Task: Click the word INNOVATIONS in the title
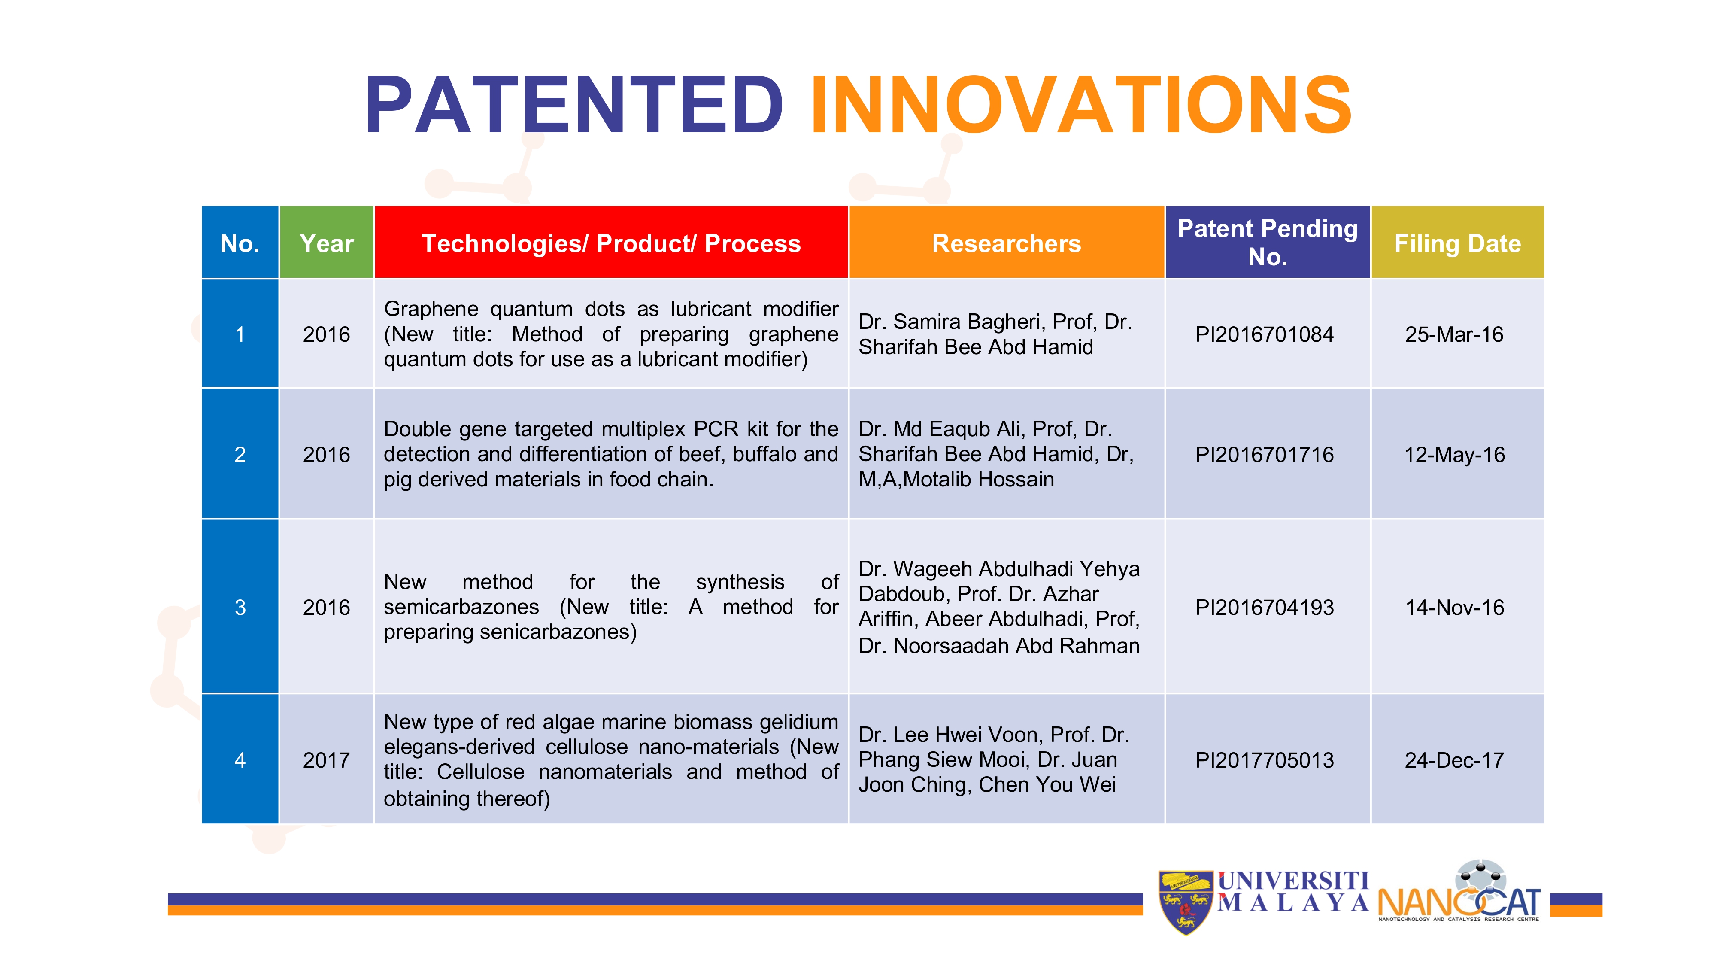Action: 1081,105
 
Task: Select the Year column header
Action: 327,243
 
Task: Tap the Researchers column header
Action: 1007,243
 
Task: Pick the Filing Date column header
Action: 1458,244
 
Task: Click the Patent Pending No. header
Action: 1268,243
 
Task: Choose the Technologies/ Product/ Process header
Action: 611,243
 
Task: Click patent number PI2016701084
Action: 1265,334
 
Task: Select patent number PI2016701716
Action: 1265,455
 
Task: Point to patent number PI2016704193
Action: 1265,608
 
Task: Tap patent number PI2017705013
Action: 1265,760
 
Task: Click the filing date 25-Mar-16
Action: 1454,334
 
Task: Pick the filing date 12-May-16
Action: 1454,455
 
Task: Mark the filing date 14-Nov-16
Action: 1454,608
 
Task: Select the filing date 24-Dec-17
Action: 1454,760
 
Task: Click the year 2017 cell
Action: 327,760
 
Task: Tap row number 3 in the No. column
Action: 240,608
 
